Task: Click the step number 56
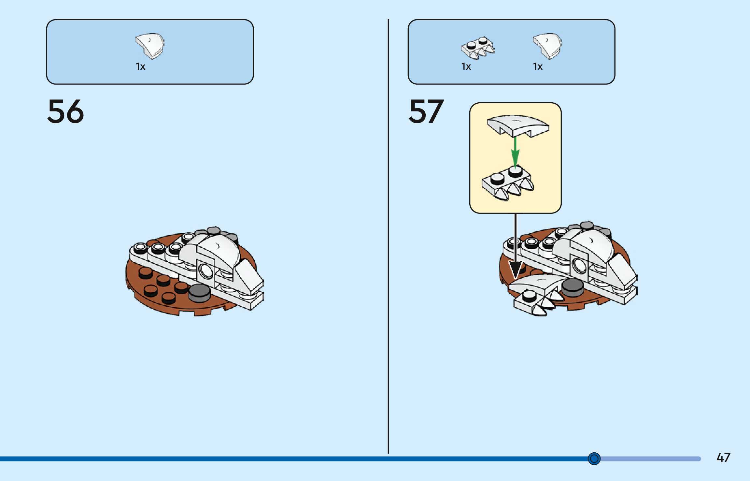pyautogui.click(x=65, y=112)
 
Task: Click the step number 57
pyautogui.click(x=426, y=112)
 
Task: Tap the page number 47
pyautogui.click(x=723, y=458)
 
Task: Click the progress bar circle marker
pyautogui.click(x=594, y=459)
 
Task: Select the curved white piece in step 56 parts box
pyautogui.click(x=150, y=46)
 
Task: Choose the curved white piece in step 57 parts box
pyautogui.click(x=547, y=46)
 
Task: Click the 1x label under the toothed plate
pyautogui.click(x=466, y=67)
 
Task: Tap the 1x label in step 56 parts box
pyautogui.click(x=140, y=67)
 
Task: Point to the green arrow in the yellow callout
pyautogui.click(x=515, y=151)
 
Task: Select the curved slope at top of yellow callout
pyautogui.click(x=517, y=125)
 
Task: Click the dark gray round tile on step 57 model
pyautogui.click(x=573, y=287)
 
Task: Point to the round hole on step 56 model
pyautogui.click(x=206, y=270)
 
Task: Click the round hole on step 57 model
pyautogui.click(x=579, y=265)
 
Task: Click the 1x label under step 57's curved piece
pyautogui.click(x=538, y=67)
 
